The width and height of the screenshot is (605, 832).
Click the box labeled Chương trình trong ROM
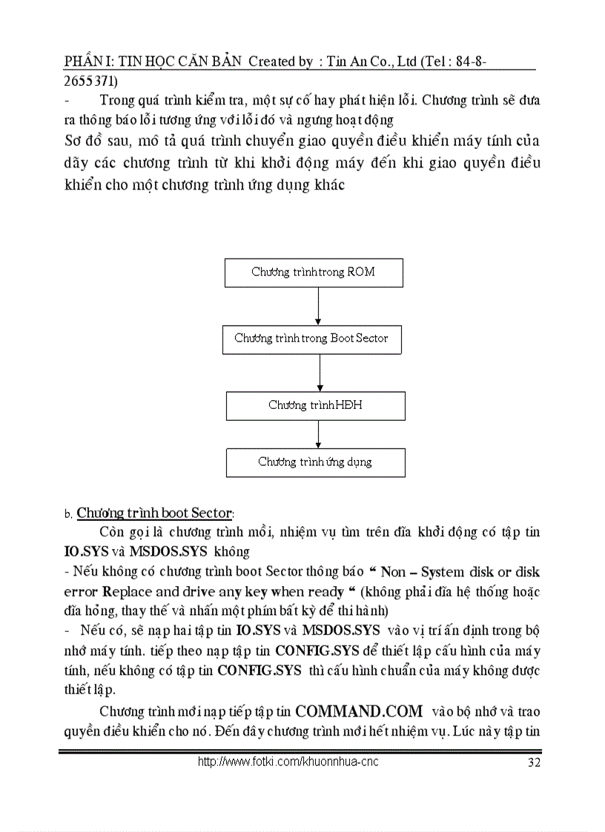click(314, 273)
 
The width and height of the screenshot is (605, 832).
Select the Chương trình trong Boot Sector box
click(311, 339)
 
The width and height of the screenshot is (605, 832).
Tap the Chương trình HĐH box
click(315, 405)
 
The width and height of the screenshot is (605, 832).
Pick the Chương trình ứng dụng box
click(315, 462)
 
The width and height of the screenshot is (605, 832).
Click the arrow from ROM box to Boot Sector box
click(318, 306)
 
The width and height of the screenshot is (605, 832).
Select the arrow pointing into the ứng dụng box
click(319, 434)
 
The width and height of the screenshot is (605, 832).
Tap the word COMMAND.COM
click(359, 711)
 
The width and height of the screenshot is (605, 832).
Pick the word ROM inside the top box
click(361, 272)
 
